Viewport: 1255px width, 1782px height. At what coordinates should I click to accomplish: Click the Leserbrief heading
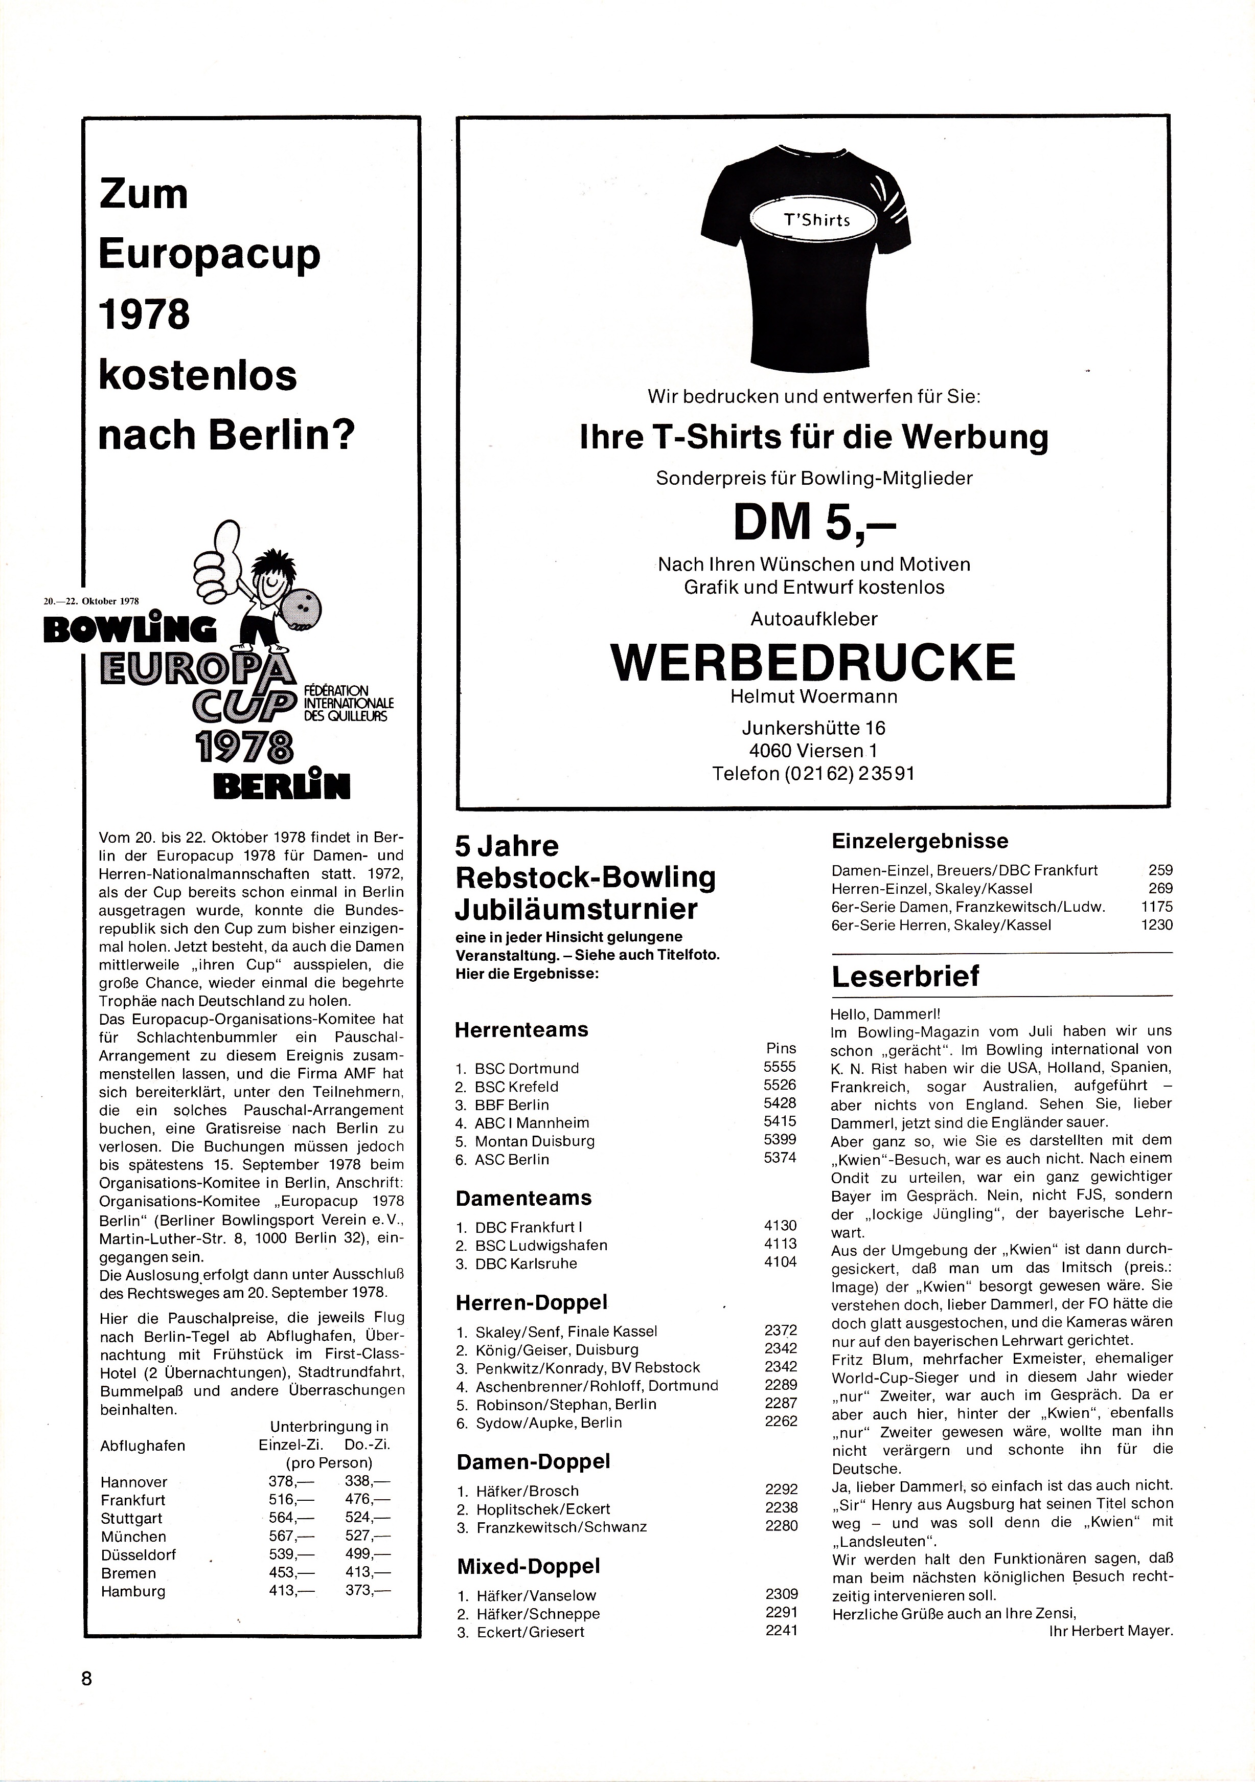[905, 976]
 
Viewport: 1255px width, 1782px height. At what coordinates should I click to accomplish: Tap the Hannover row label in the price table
[134, 1482]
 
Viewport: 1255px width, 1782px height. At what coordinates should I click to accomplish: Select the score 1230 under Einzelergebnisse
[1157, 924]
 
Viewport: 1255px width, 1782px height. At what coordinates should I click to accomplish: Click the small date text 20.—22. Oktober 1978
[91, 600]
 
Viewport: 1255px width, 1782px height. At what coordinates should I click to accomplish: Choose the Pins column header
[781, 1049]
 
